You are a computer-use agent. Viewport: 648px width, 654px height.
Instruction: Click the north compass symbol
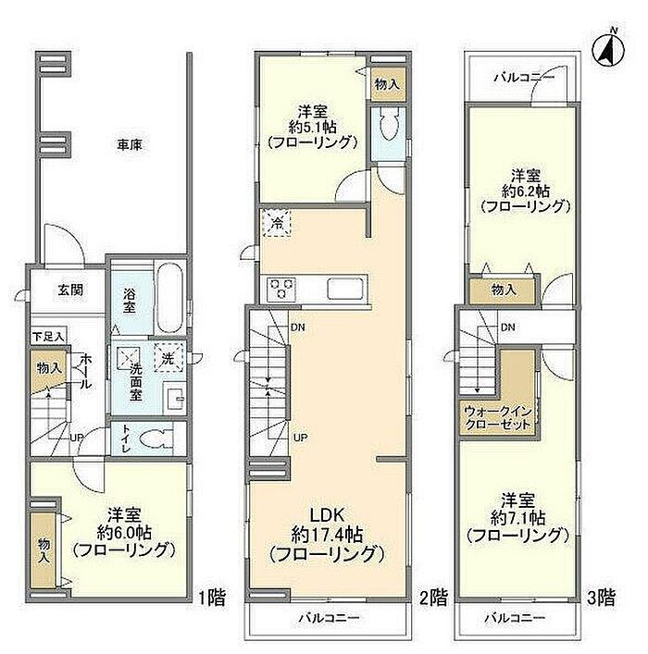608,49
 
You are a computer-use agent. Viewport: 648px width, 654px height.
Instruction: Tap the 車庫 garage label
130,144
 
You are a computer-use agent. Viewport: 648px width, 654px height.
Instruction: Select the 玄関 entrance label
70,290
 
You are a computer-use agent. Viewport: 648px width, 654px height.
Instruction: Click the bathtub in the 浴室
169,297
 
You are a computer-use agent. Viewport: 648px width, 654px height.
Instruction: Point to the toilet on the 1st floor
155,439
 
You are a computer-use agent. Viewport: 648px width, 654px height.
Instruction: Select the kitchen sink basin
345,289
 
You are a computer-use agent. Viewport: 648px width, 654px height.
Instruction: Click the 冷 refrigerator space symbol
276,223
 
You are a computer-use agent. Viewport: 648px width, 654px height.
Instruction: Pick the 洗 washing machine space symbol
168,357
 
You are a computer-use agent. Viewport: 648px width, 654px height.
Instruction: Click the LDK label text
327,515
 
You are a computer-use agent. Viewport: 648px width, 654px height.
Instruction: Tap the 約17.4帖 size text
327,535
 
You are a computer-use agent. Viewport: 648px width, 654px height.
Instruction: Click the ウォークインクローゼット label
498,418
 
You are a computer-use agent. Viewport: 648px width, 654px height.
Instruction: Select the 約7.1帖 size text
517,518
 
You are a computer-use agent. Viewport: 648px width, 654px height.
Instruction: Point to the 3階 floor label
601,598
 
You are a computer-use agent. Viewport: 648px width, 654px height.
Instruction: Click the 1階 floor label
211,598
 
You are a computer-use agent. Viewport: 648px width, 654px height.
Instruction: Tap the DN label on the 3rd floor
507,327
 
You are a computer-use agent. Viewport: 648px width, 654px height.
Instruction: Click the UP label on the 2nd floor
301,438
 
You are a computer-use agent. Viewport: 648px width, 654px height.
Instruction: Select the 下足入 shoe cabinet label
48,336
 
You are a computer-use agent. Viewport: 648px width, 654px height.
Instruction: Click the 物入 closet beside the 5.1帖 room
388,84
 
